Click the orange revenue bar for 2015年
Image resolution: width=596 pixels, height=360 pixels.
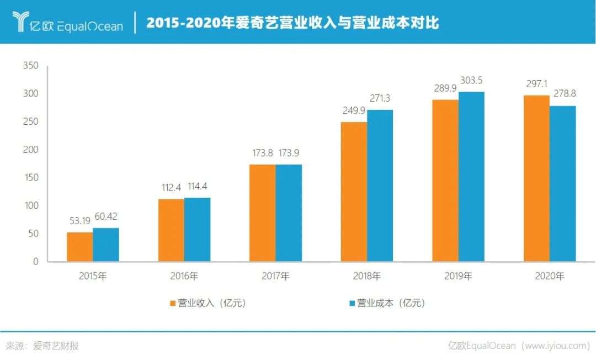[x=79, y=247]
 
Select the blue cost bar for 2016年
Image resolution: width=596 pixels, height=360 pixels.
[x=197, y=230]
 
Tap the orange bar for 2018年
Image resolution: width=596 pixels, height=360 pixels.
[x=354, y=192]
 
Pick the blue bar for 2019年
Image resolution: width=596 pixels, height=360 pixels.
[x=471, y=177]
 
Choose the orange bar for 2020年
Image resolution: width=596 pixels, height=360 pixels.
[x=536, y=178]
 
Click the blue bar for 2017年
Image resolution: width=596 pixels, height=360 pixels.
[x=289, y=213]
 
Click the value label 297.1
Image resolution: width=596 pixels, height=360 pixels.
[x=536, y=84]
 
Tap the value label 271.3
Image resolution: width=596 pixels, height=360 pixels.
[x=380, y=99]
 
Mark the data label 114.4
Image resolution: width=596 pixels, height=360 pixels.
[x=197, y=187]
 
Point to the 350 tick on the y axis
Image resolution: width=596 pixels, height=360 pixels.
[x=31, y=66]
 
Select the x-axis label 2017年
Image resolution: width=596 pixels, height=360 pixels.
[x=275, y=276]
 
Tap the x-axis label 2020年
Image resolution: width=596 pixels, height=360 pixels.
[x=550, y=276]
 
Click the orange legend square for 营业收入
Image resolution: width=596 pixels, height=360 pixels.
[x=173, y=303]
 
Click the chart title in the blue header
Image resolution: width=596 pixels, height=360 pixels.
[x=292, y=23]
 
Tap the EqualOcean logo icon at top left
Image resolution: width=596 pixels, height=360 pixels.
[x=20, y=22]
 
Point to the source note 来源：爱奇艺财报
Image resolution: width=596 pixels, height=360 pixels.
[x=42, y=346]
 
